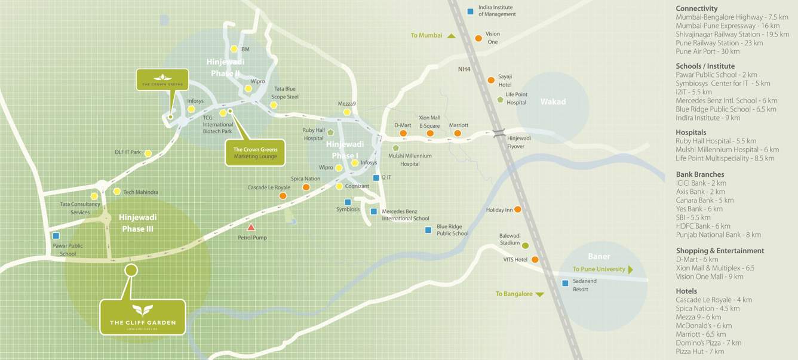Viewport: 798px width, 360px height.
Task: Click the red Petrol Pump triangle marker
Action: coord(251,227)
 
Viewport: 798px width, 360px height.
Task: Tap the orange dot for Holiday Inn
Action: coord(517,210)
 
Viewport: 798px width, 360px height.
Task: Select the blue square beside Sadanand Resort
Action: coord(565,283)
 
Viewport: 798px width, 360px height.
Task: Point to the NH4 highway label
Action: coord(464,69)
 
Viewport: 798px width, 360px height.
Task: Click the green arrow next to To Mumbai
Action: coord(452,36)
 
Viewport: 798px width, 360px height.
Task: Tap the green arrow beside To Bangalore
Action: coord(539,294)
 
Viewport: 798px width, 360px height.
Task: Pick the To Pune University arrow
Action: coord(630,269)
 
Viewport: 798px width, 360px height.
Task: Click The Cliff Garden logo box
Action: coord(143,317)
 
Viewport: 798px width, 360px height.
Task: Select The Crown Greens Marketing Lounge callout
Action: coord(255,153)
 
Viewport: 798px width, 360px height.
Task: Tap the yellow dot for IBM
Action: coord(234,50)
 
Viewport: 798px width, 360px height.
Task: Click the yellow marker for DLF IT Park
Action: coord(148,153)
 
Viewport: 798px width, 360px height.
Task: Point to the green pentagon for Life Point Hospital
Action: coord(500,99)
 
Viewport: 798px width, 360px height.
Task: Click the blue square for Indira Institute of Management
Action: coord(471,11)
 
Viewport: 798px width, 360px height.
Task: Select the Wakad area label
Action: coord(553,101)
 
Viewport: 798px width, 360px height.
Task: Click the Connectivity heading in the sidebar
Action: coord(696,8)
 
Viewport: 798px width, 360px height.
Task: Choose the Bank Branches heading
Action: coord(699,174)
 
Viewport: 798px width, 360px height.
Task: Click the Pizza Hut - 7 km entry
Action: coord(699,352)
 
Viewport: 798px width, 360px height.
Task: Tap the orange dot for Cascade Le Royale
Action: coord(283,196)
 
